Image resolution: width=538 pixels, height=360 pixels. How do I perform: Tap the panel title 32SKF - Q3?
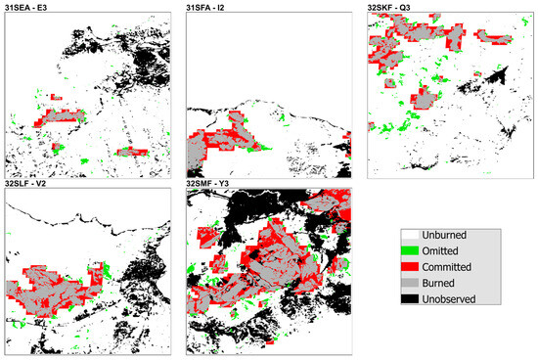point(391,7)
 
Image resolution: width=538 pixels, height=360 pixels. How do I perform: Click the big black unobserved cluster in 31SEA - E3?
point(147,44)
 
